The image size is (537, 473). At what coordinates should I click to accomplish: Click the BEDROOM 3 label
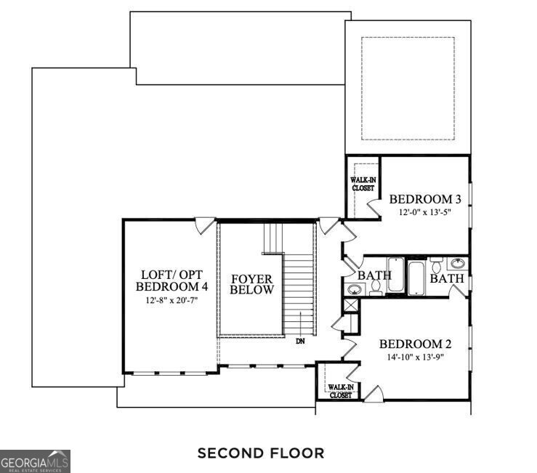point(425,199)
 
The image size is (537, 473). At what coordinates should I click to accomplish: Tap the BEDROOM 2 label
point(411,344)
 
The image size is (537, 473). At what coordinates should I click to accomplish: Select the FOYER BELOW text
point(252,284)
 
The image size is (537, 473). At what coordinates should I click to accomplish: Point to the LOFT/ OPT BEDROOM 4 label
point(173,280)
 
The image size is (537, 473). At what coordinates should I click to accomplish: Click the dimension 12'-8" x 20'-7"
point(173,299)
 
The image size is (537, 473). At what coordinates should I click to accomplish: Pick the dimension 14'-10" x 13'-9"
point(411,357)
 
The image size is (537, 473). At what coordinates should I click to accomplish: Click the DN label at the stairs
point(300,340)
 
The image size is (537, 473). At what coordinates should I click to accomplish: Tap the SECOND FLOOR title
point(261,453)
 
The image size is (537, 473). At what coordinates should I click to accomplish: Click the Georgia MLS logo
point(35,461)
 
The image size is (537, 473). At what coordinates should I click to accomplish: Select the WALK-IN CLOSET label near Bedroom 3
point(363,183)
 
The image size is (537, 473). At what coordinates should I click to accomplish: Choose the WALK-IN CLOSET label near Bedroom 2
point(340,391)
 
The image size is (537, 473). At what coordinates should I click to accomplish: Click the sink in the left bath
point(354,289)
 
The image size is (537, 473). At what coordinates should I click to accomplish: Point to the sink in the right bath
point(459,264)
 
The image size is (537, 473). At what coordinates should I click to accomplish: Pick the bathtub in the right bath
point(418,277)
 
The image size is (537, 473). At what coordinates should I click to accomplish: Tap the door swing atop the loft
point(206,225)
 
